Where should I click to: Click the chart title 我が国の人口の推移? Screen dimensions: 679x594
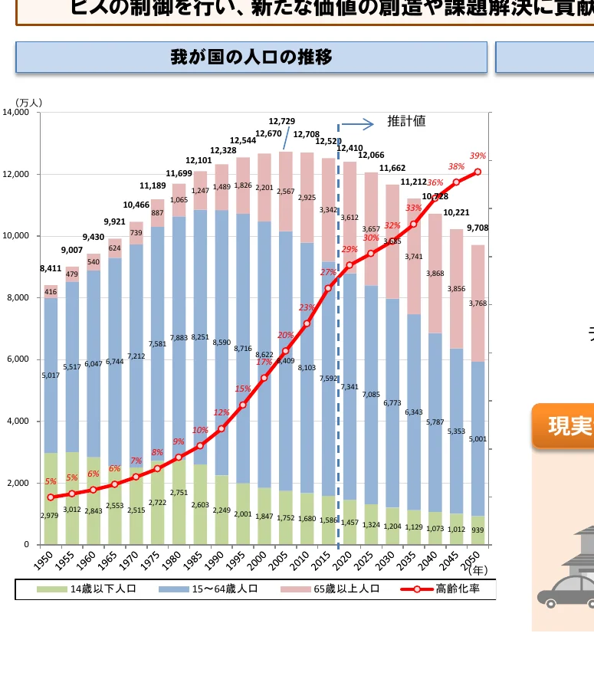pos(251,57)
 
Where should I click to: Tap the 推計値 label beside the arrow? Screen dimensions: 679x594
pos(406,121)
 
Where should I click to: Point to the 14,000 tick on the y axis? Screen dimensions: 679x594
pos(16,113)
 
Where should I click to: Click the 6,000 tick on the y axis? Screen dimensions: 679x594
pos(18,359)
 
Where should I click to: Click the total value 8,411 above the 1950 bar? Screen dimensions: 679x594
pos(51,269)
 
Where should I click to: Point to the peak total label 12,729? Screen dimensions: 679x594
pos(281,121)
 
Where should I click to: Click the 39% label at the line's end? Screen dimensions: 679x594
pos(478,156)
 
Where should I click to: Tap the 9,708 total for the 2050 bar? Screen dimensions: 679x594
pos(476,228)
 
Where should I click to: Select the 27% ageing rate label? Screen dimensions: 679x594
pos(328,272)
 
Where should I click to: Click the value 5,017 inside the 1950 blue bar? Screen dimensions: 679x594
pos(51,376)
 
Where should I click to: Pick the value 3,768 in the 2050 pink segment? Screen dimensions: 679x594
pos(477,303)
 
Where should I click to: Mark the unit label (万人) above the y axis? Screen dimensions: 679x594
pos(28,102)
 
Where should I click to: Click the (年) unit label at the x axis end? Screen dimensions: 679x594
pos(477,569)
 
